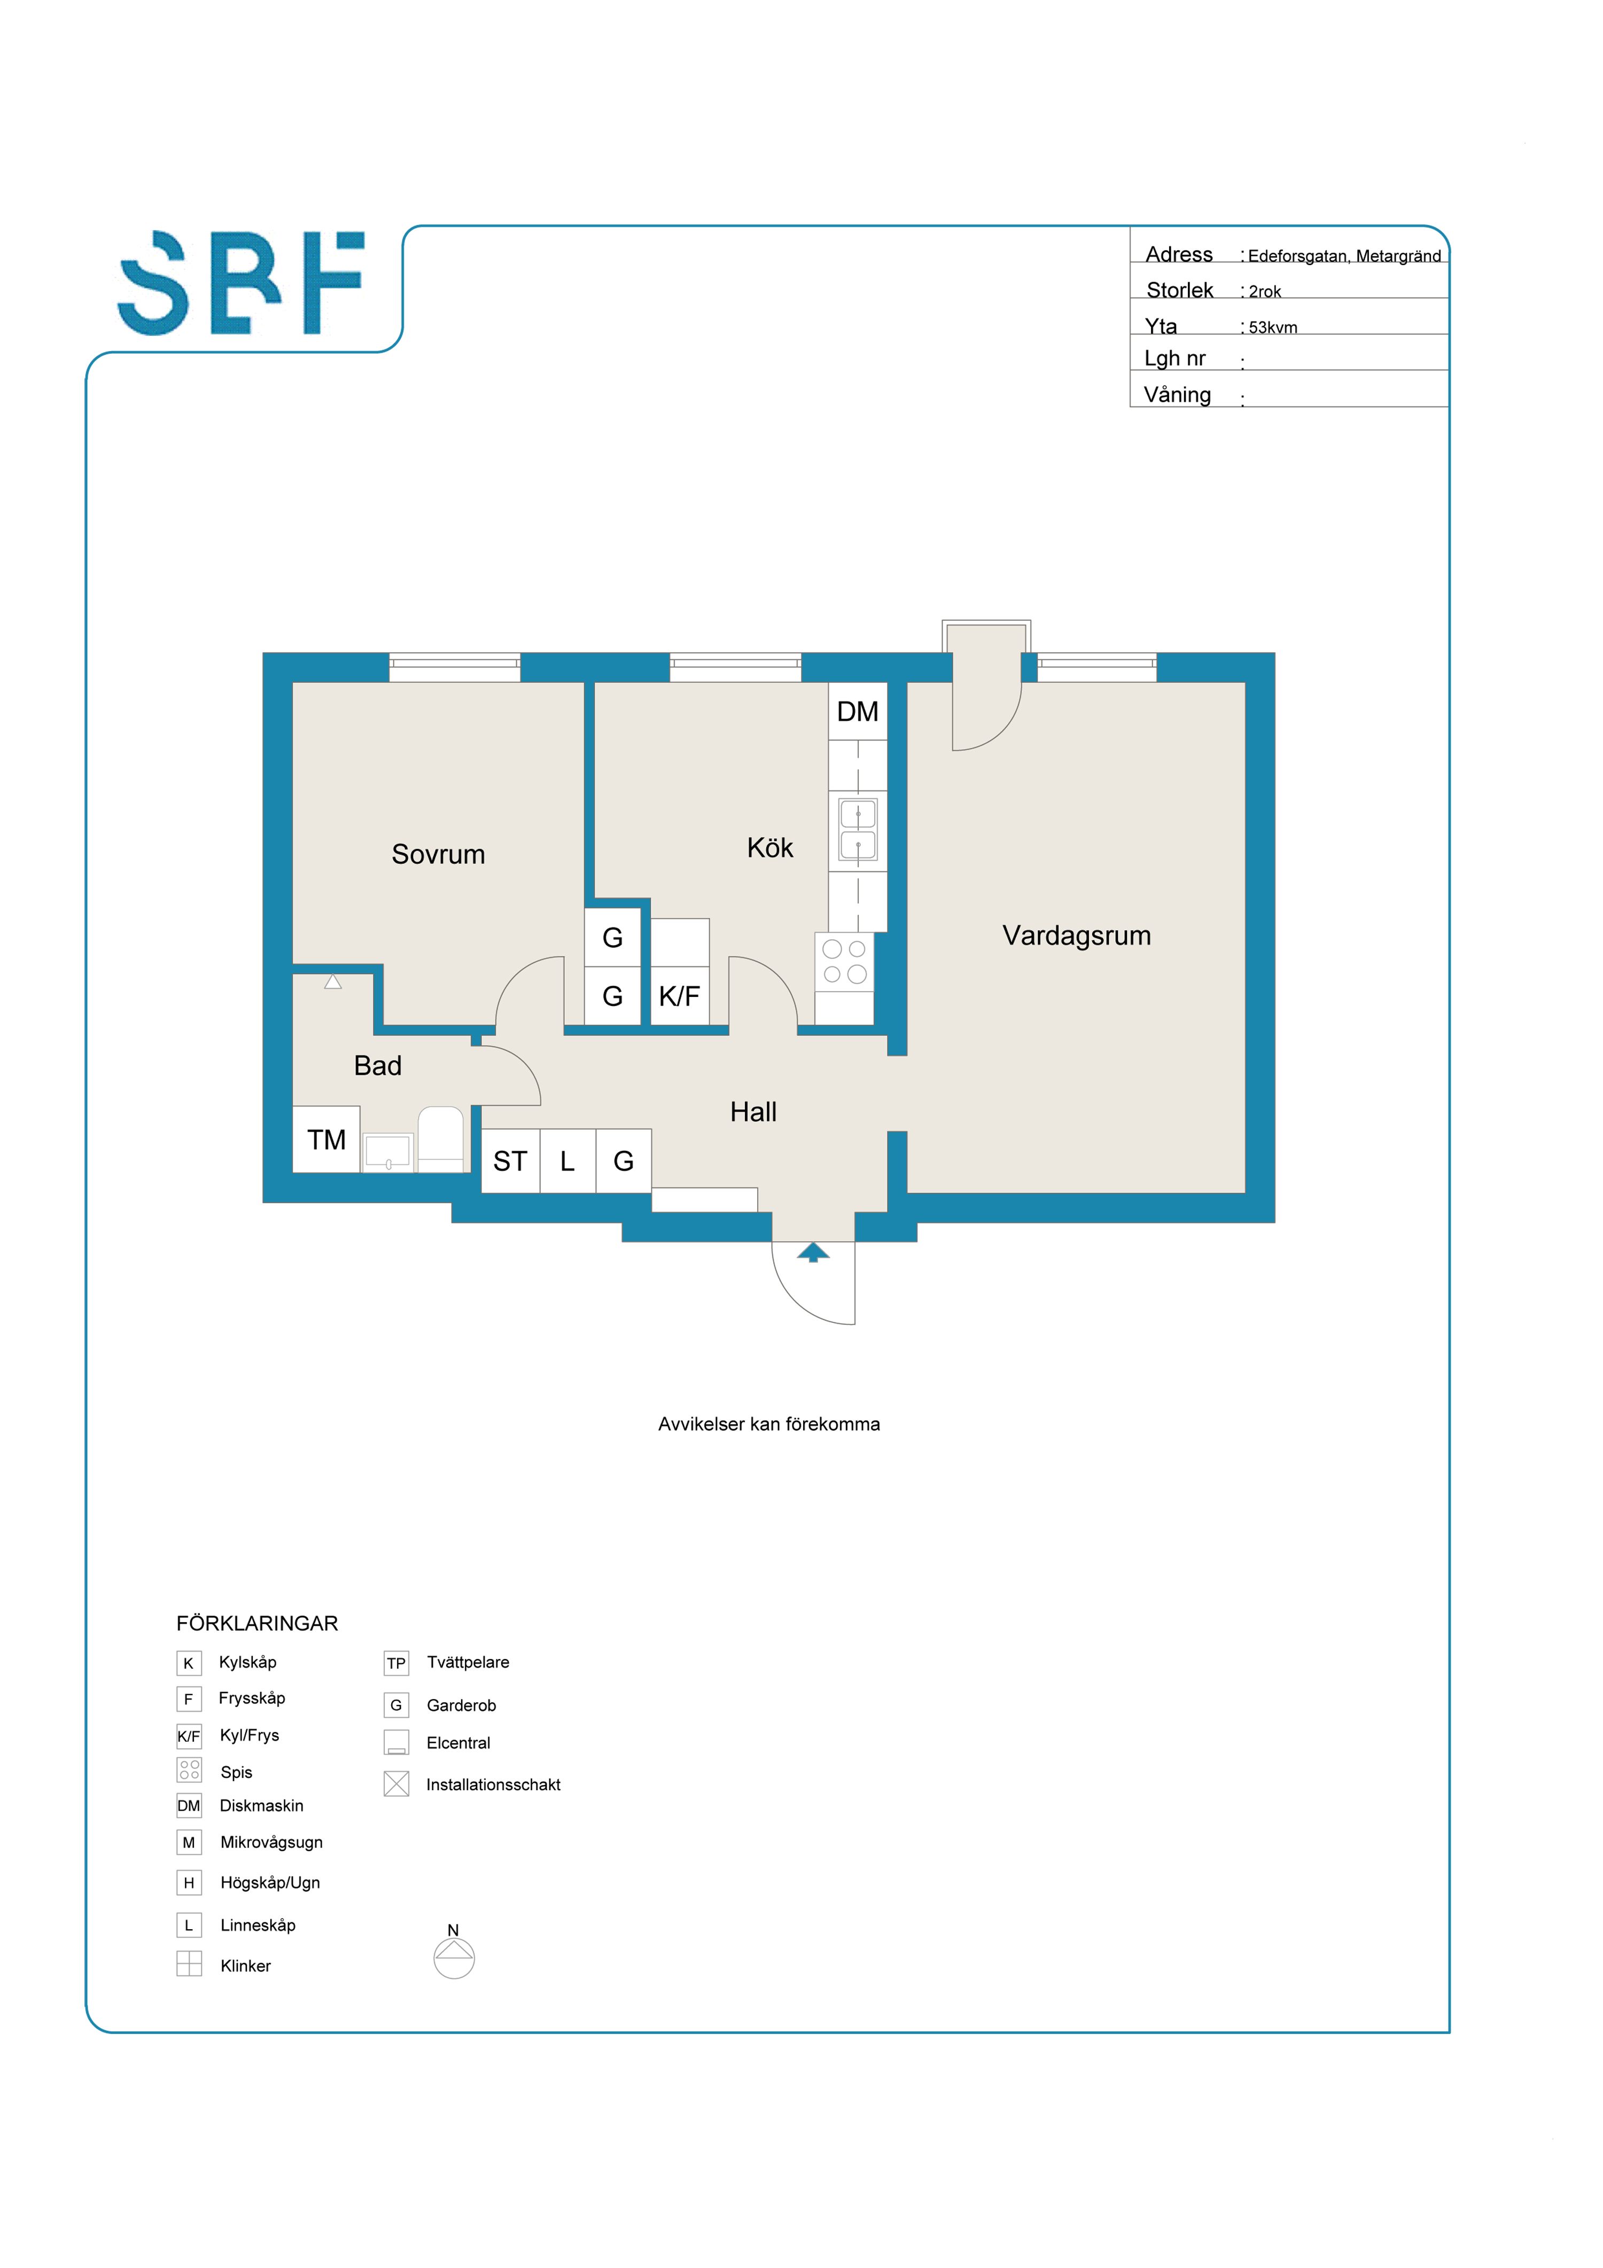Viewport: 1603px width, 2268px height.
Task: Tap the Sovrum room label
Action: point(439,854)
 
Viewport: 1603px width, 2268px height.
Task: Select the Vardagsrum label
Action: point(1077,936)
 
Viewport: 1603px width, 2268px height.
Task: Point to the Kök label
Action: point(771,847)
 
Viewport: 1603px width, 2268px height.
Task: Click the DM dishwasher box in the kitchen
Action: point(857,711)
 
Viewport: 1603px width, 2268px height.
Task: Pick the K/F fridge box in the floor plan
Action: point(680,996)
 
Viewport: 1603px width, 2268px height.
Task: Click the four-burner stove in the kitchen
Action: point(844,961)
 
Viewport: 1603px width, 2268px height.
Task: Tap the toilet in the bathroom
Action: point(440,1139)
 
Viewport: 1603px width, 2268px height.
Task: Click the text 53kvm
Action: point(1273,327)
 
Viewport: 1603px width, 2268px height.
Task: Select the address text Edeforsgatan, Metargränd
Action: point(1344,256)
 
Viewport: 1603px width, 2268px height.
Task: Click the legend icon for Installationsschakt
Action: point(396,1784)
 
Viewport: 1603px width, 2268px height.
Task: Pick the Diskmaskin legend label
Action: point(262,1806)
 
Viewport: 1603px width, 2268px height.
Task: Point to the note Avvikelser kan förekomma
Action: point(769,1424)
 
